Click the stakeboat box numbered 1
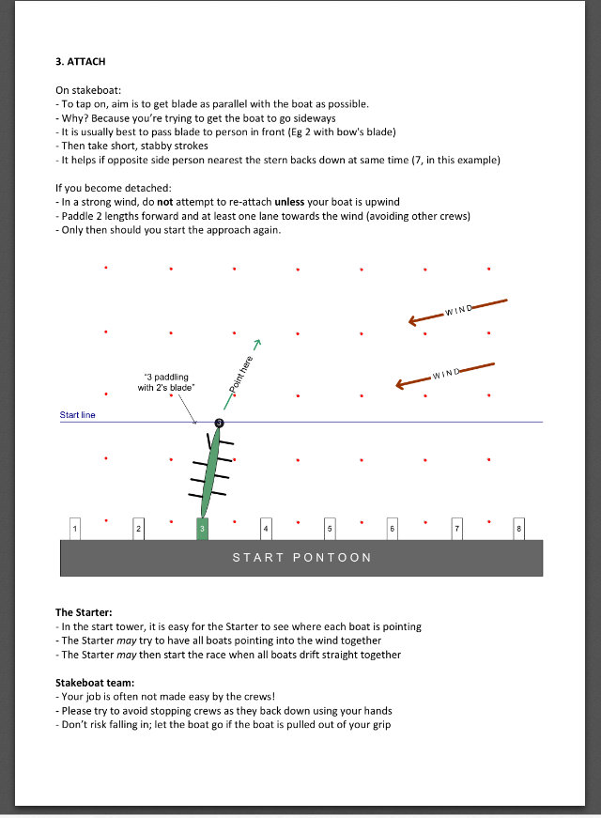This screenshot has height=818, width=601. point(75,530)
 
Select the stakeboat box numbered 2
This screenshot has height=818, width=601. point(138,530)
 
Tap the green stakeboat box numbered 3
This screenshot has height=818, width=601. point(202,530)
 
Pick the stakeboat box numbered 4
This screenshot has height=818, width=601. point(266,530)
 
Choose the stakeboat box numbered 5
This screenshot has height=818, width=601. point(330,530)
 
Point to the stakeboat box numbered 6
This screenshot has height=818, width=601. point(392,530)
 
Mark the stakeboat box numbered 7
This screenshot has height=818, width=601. point(456,530)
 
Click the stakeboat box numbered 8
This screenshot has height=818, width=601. point(518,530)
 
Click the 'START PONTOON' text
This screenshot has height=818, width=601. point(301,558)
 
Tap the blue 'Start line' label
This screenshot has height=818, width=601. point(77,415)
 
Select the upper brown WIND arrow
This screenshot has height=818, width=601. point(457,311)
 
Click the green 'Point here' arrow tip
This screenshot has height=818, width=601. point(256,343)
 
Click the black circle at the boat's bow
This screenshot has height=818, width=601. point(219,424)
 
